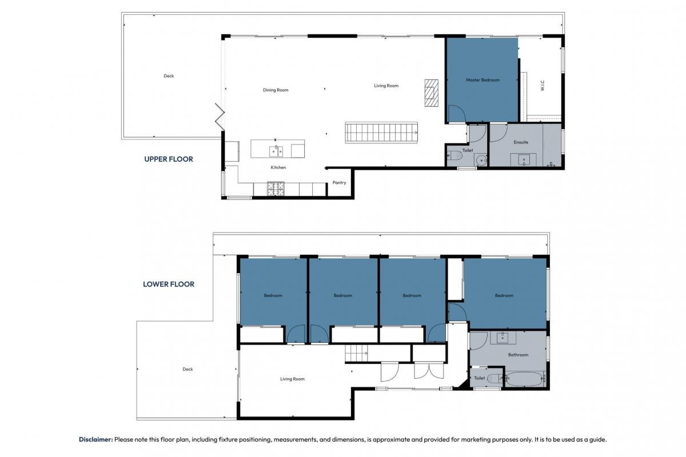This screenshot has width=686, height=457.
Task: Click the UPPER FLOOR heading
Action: click(x=169, y=159)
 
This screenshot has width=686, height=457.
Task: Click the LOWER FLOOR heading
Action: click(x=169, y=284)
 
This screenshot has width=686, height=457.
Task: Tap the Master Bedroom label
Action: click(x=482, y=80)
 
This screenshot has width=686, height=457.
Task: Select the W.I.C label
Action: click(x=543, y=85)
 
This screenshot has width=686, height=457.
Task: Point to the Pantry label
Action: click(x=339, y=183)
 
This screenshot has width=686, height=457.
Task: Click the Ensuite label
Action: click(x=521, y=142)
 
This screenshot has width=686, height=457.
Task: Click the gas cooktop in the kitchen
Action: click(x=276, y=189)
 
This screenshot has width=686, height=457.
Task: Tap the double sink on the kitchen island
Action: click(x=276, y=151)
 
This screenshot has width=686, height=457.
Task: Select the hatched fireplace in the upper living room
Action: click(x=431, y=93)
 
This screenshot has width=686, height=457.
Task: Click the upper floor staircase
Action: click(x=381, y=133)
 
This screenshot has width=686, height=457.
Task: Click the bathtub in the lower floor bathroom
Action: click(x=524, y=379)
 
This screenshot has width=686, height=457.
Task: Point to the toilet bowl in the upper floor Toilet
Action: click(x=455, y=155)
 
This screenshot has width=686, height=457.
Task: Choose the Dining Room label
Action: click(x=276, y=90)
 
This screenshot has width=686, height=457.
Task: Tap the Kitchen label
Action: click(x=278, y=167)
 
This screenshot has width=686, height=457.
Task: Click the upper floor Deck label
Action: click(x=169, y=76)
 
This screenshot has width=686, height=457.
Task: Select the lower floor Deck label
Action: click(x=188, y=369)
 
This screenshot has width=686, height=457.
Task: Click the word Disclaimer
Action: click(x=96, y=439)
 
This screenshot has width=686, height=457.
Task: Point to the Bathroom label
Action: click(x=518, y=355)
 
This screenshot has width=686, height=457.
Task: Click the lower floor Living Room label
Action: click(x=292, y=379)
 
